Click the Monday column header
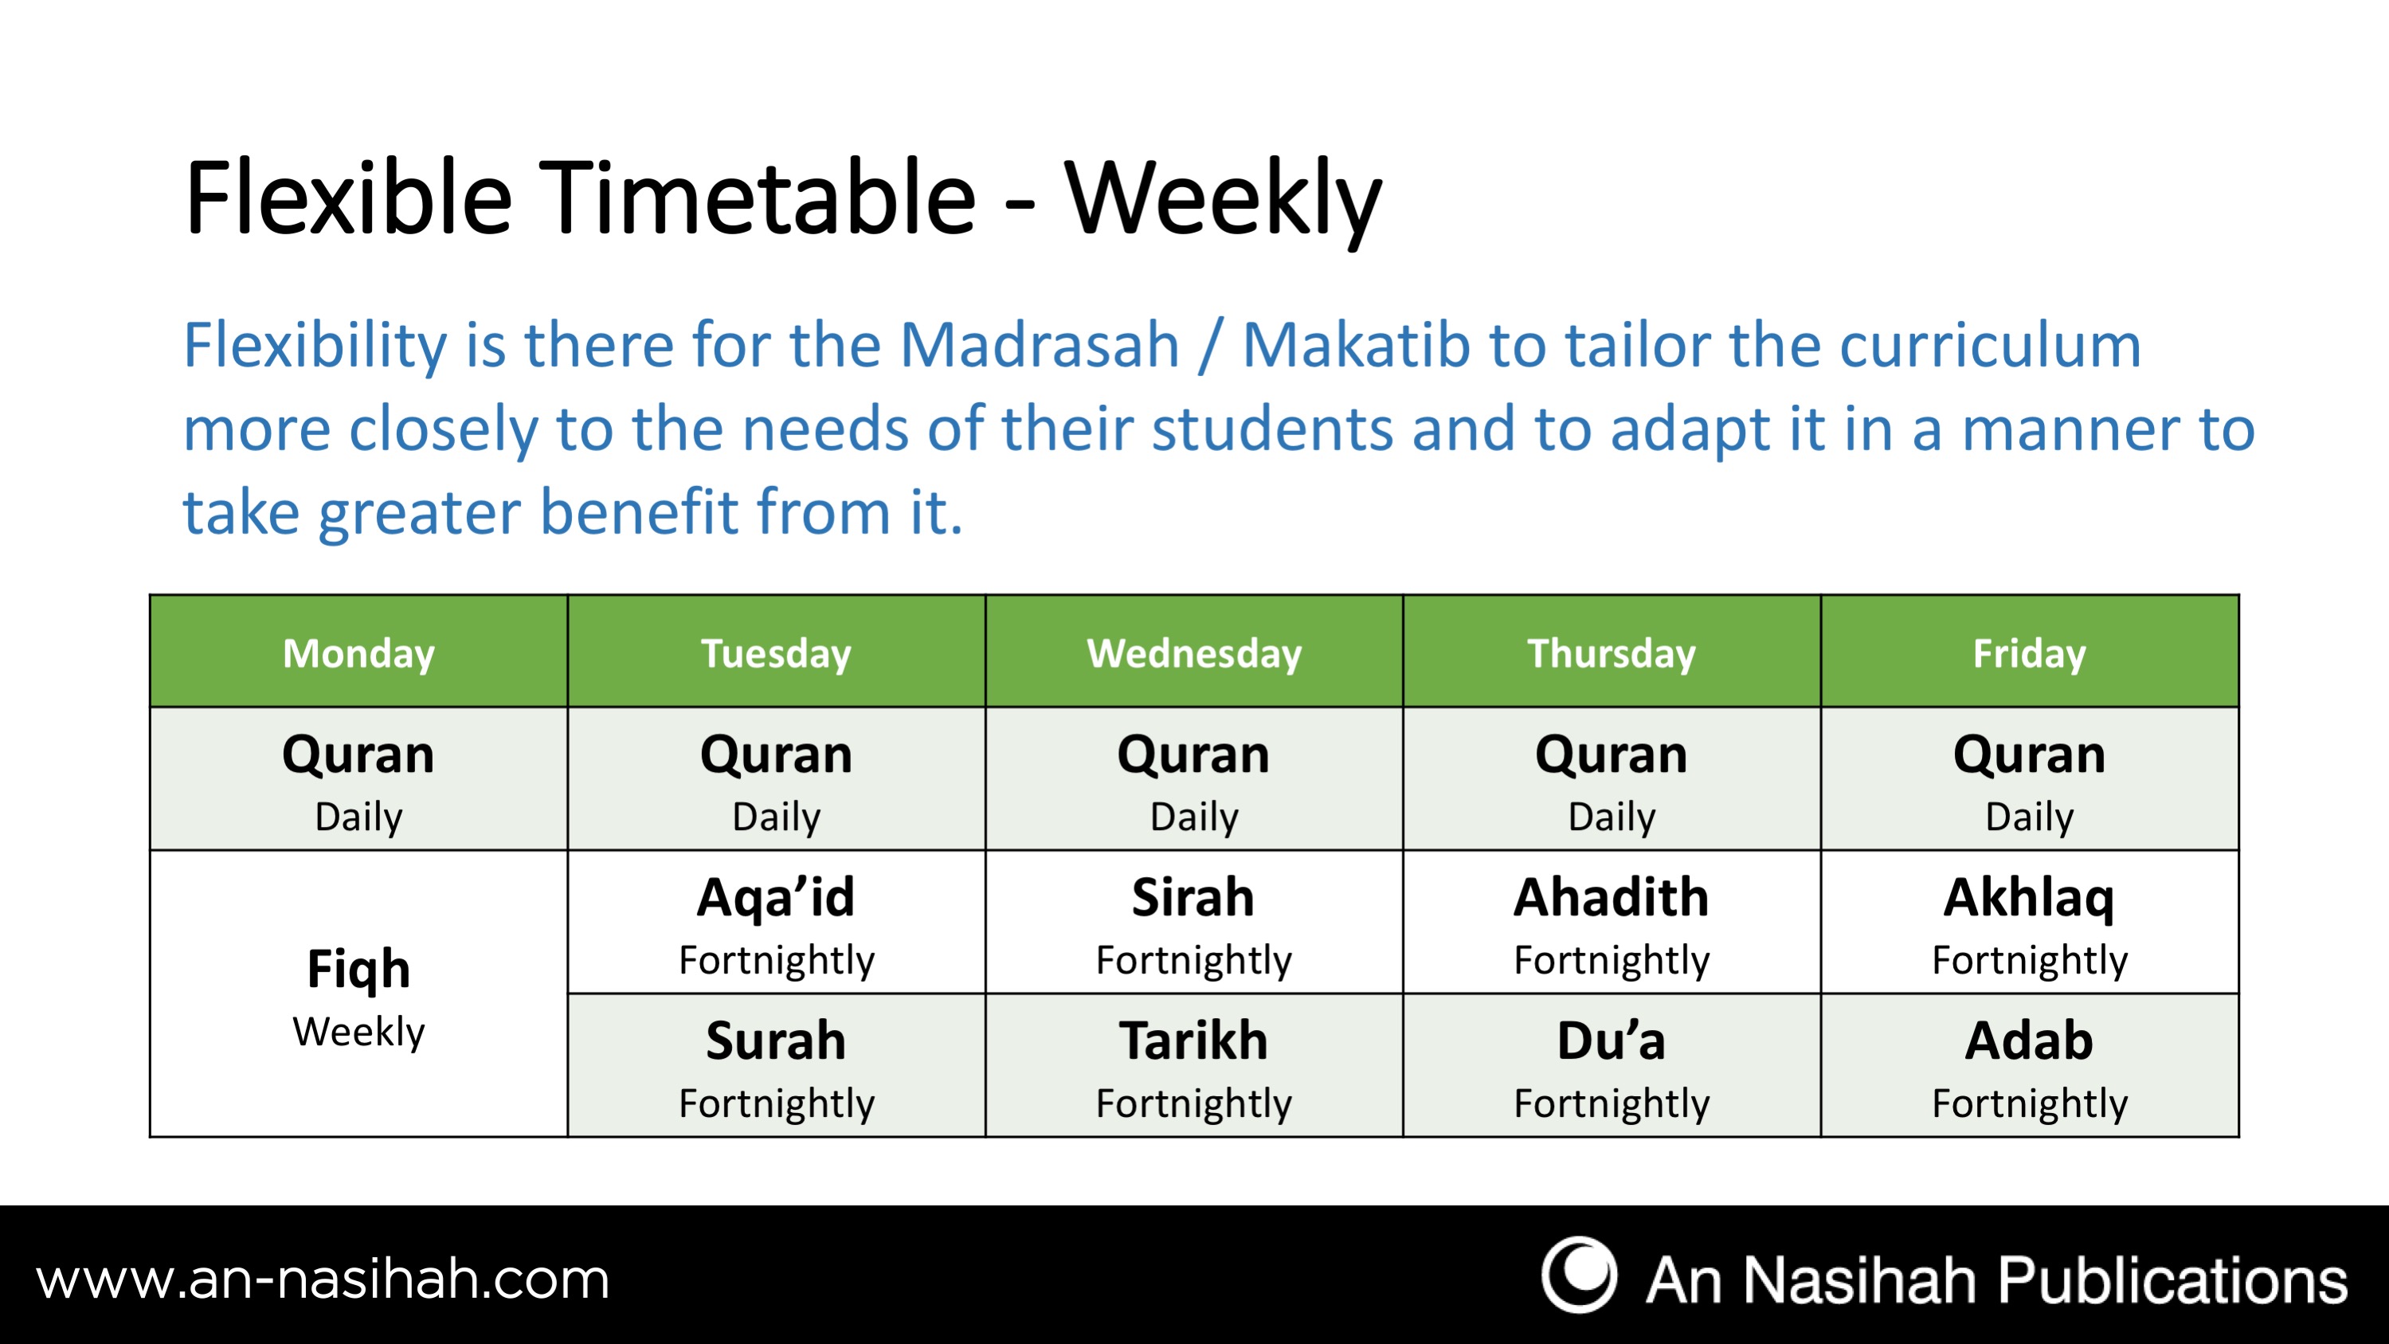(358, 652)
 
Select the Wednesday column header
(1193, 652)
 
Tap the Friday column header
(2029, 652)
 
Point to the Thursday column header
(1612, 652)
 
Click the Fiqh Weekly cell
(358, 993)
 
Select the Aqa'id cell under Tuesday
(776, 922)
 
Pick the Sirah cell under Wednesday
(1193, 922)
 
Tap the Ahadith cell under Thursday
(1612, 922)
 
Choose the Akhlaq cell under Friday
(2029, 922)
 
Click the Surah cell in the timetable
(776, 1065)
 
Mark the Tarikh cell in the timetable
(1193, 1065)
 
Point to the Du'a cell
(1612, 1065)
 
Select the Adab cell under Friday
(2029, 1065)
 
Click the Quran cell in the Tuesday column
(776, 779)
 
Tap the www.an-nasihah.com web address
(323, 1280)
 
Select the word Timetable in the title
(757, 198)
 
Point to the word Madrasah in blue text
(1039, 345)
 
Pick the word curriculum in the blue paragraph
(1990, 345)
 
